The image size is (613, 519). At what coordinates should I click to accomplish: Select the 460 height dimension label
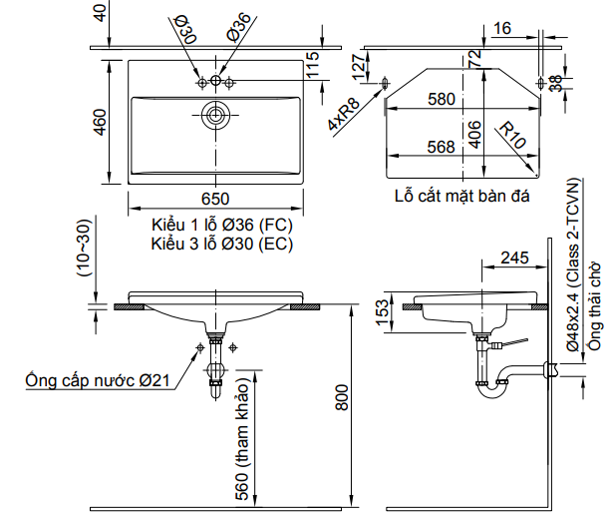(100, 122)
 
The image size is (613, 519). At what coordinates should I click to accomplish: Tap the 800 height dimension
(341, 401)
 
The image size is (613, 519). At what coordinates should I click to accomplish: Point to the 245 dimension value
(513, 259)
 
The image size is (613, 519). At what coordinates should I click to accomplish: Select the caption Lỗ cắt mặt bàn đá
(460, 196)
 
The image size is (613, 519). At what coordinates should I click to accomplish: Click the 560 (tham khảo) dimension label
(242, 440)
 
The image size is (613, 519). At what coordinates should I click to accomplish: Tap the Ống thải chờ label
(595, 299)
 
